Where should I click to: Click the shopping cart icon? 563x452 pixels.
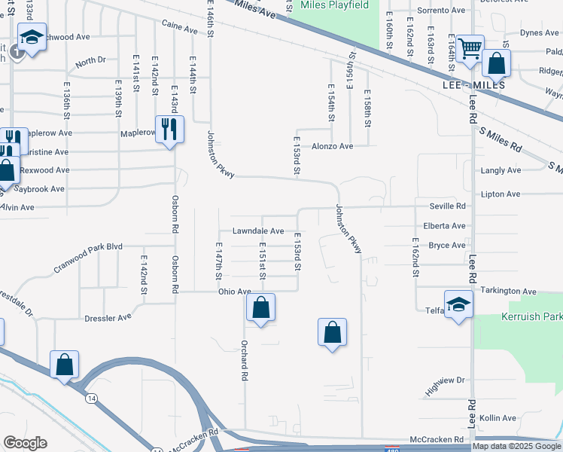[470, 49]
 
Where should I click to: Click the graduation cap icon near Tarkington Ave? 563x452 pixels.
[458, 304]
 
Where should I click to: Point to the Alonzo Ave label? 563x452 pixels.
[333, 146]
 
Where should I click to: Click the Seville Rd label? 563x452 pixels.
[447, 206]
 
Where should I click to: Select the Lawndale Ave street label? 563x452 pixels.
[257, 231]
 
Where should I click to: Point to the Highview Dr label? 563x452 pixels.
[446, 386]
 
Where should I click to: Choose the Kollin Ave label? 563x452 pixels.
[498, 417]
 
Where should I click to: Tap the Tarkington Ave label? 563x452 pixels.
[510, 291]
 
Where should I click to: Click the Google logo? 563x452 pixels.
[26, 443]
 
